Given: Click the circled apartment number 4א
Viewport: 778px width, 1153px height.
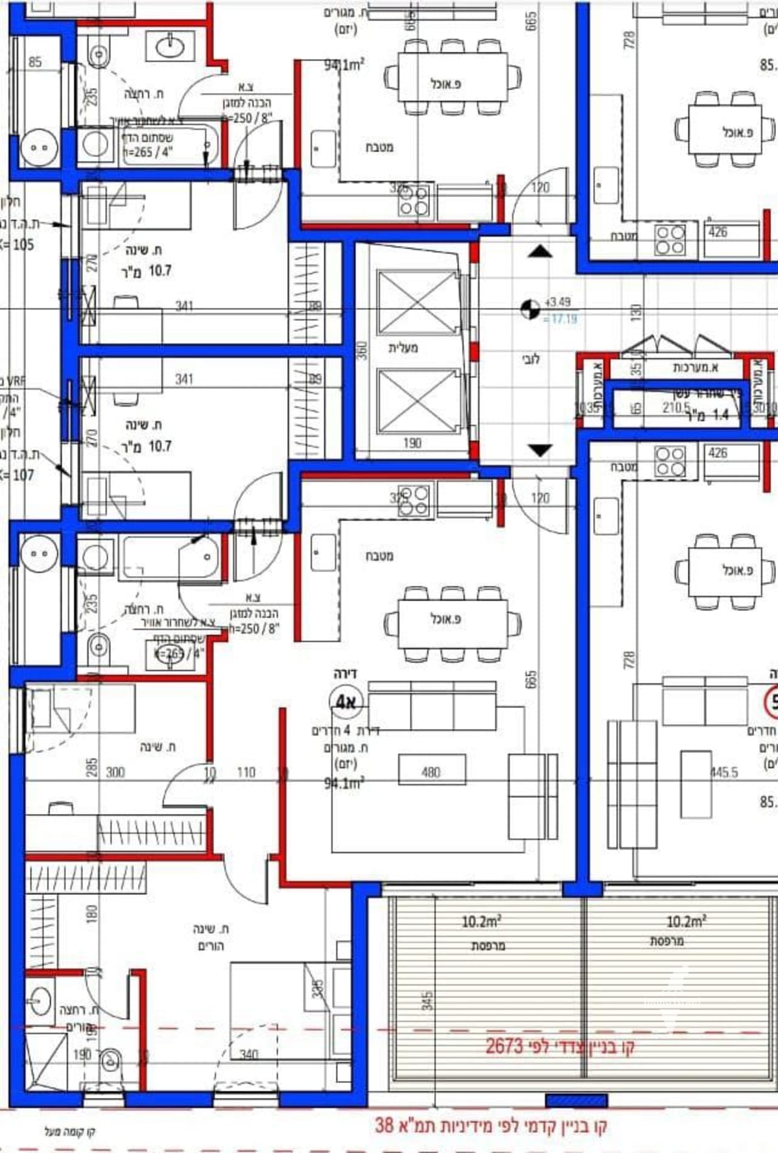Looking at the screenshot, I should point(345,702).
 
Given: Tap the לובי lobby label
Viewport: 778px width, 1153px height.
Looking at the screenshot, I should point(530,359).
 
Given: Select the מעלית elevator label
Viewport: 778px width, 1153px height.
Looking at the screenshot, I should point(403,348).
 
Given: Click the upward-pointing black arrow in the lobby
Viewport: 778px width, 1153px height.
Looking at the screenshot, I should point(539,251).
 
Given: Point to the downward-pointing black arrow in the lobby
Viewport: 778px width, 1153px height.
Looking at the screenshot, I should point(539,449).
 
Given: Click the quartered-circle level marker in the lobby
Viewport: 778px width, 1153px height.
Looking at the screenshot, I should point(530,309).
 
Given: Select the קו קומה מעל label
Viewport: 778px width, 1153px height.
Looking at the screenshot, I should point(70,1132).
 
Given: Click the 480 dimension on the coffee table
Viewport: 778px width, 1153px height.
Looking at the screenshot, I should point(431,772).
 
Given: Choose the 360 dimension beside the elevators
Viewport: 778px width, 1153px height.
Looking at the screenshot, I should point(363,351).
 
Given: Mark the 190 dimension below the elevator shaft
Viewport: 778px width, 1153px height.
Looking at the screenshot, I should point(412,443).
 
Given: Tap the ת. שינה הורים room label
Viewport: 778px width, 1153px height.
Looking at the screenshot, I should point(211,937).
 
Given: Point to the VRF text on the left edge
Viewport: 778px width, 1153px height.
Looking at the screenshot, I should point(16,382).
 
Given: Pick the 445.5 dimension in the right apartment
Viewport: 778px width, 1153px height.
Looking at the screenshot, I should point(724,772).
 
